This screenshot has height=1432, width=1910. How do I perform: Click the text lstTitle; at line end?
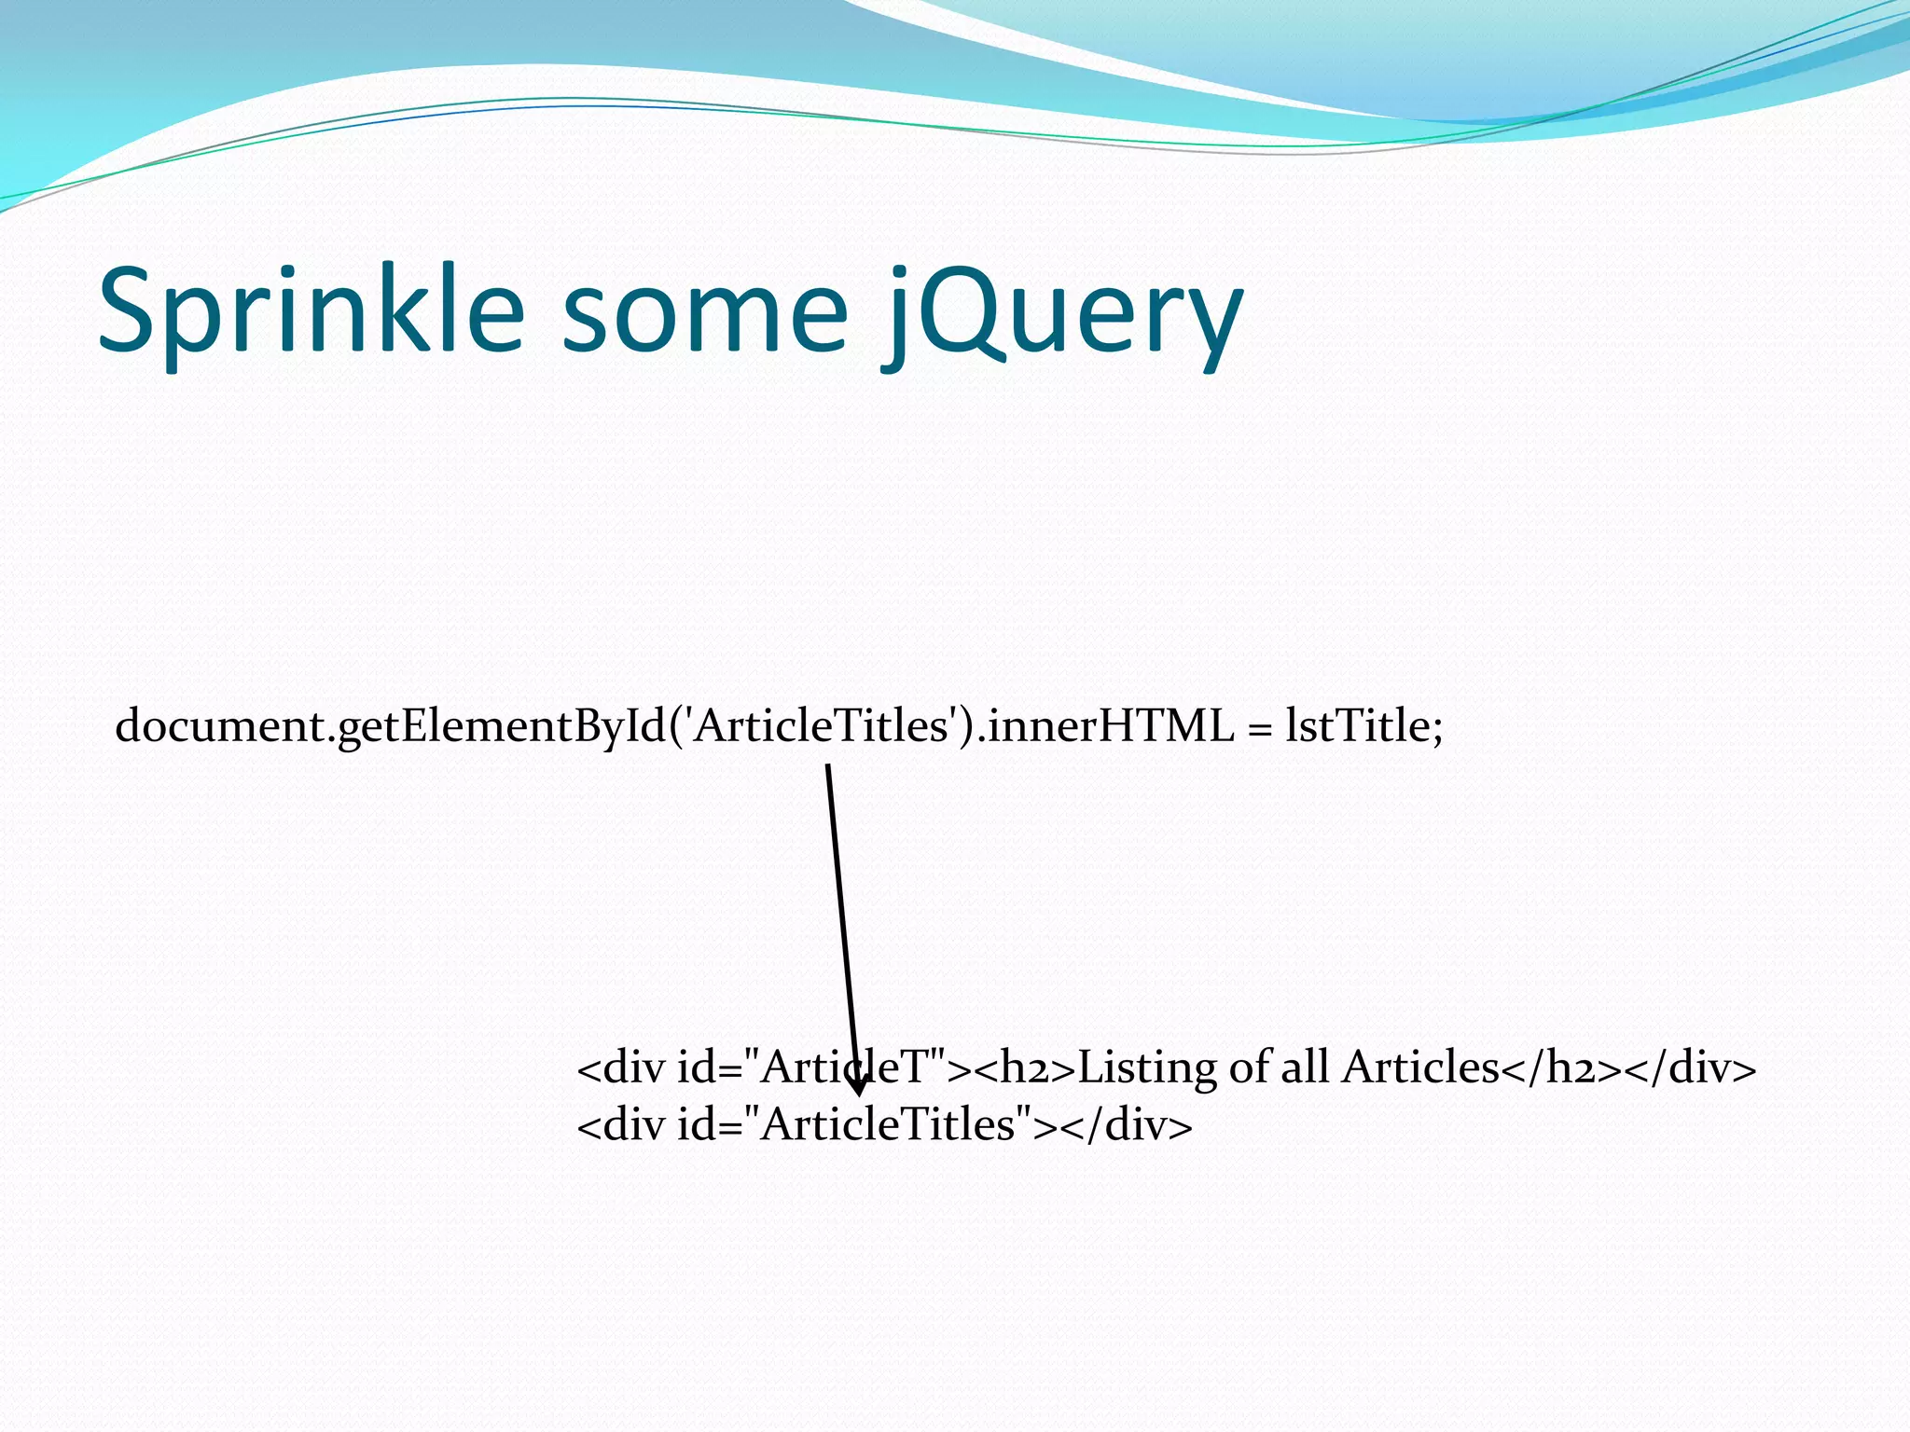coord(1363,726)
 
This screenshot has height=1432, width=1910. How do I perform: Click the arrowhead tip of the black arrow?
coord(860,1094)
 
